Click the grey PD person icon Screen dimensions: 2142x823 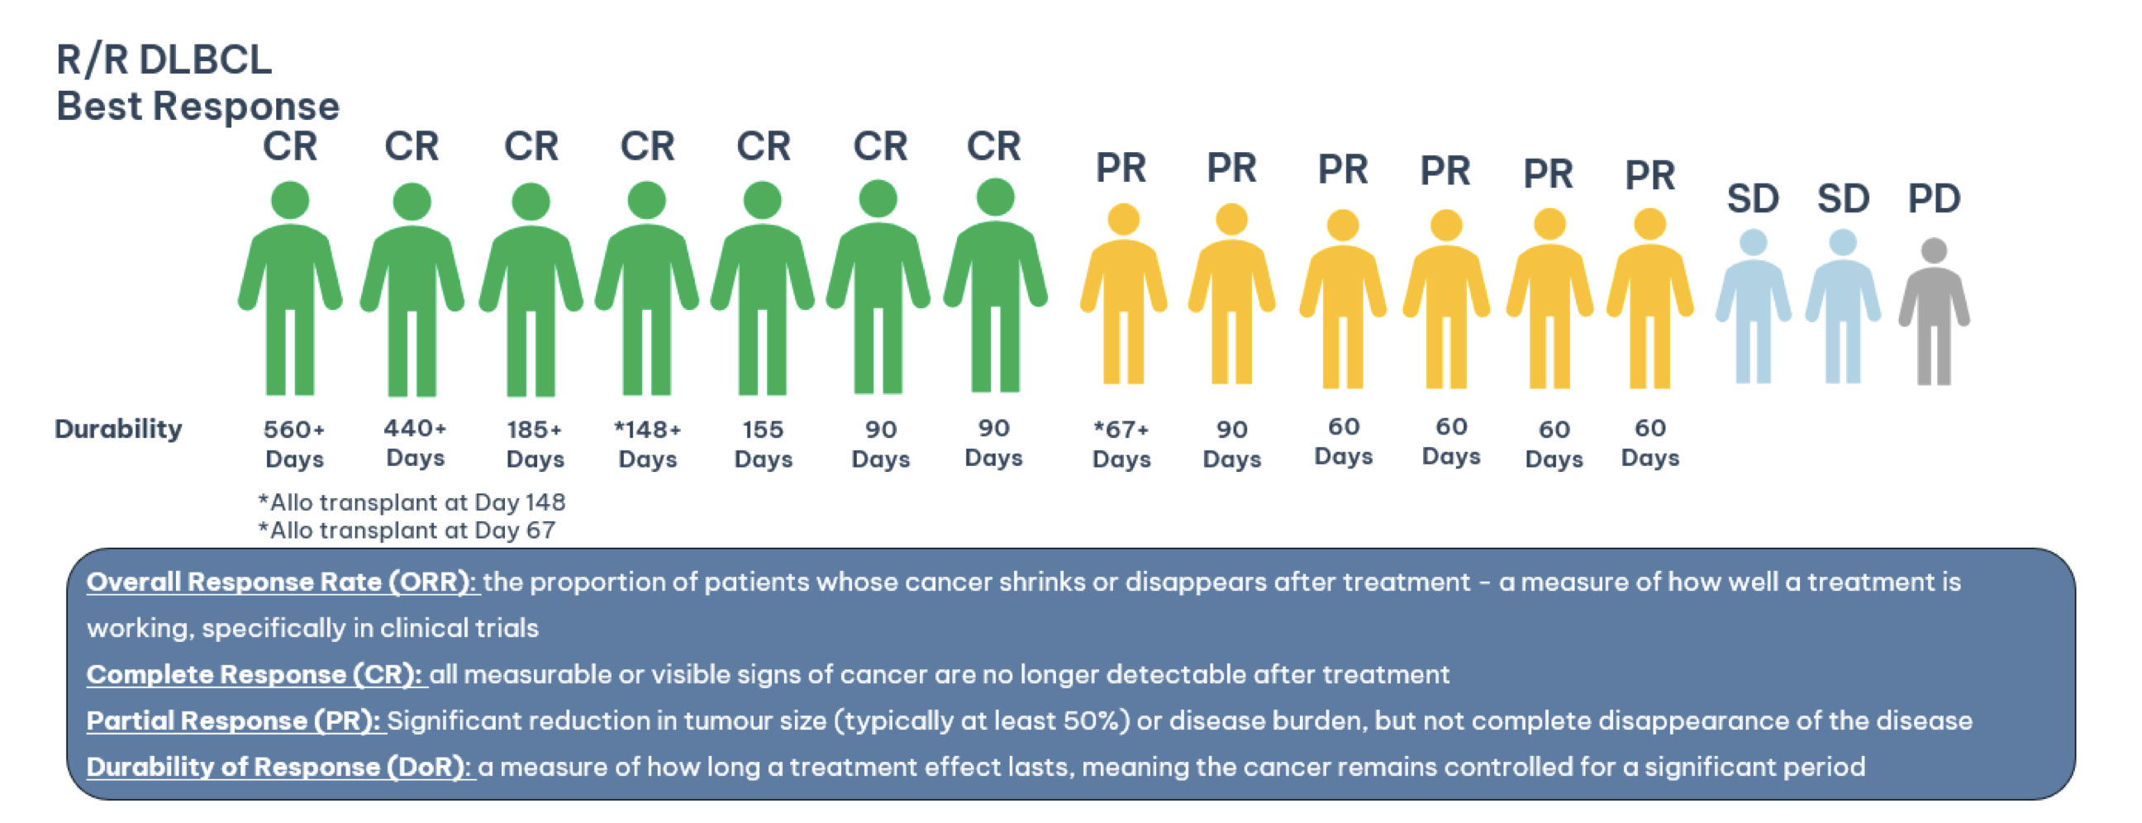pyautogui.click(x=1933, y=312)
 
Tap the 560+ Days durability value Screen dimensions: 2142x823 pyautogui.click(x=294, y=444)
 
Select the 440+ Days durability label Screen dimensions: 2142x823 pyautogui.click(x=415, y=442)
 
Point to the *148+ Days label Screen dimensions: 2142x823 pyautogui.click(x=648, y=444)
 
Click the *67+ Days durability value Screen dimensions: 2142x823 pyautogui.click(x=1121, y=444)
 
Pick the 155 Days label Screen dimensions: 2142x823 pyautogui.click(x=764, y=444)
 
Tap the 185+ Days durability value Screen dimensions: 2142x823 pyautogui.click(x=535, y=444)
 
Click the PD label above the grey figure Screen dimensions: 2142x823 pyautogui.click(x=1933, y=198)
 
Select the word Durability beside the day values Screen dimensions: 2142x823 pyautogui.click(x=118, y=429)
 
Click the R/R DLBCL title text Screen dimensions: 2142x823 pyautogui.click(x=164, y=59)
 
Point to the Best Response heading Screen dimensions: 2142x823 pyautogui.click(x=198, y=107)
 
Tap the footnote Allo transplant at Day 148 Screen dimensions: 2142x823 pyautogui.click(x=412, y=502)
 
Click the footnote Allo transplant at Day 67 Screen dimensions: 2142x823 pyautogui.click(x=407, y=530)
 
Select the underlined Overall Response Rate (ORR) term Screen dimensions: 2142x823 pyautogui.click(x=282, y=582)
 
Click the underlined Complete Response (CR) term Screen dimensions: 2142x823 pyautogui.click(x=256, y=674)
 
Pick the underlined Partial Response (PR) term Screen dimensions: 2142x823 pyautogui.click(x=236, y=721)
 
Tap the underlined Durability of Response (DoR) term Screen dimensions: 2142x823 pyautogui.click(x=280, y=767)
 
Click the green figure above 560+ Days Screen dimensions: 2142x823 pyautogui.click(x=290, y=288)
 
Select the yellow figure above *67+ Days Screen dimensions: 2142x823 pyautogui.click(x=1123, y=293)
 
